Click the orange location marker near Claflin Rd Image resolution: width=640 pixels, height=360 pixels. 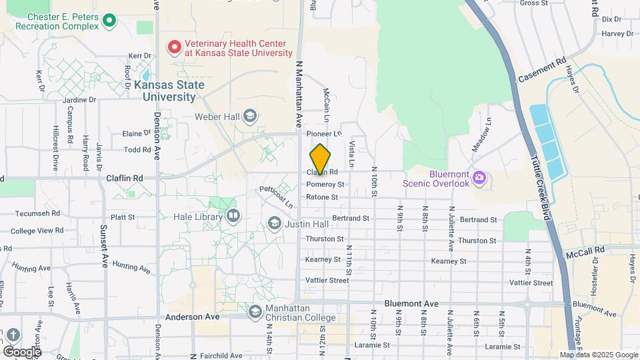pyautogui.click(x=320, y=159)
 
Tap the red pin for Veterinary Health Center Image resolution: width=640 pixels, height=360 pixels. pyautogui.click(x=175, y=47)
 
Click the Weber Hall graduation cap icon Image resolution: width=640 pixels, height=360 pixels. pyautogui.click(x=249, y=117)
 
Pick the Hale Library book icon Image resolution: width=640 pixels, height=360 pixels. pyautogui.click(x=233, y=215)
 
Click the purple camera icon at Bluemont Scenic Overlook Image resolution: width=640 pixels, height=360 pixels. pyautogui.click(x=479, y=178)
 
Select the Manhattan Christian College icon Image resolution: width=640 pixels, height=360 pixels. pyautogui.click(x=255, y=311)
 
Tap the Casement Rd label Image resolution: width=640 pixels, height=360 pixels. pyautogui.click(x=541, y=70)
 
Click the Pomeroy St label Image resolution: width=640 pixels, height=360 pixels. pyautogui.click(x=325, y=184)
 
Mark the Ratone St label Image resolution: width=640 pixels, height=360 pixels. pyautogui.click(x=322, y=197)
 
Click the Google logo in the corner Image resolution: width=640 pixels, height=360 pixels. pyautogui.click(x=21, y=351)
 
